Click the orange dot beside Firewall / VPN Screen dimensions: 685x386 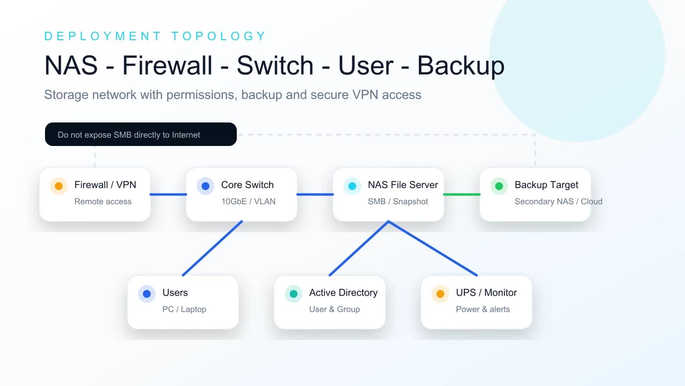click(59, 186)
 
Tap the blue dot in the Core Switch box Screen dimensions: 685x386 click(205, 186)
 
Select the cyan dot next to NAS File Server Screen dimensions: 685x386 click(352, 186)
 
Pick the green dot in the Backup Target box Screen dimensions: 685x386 click(499, 186)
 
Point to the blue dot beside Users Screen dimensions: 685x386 click(147, 293)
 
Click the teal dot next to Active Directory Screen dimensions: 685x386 click(294, 293)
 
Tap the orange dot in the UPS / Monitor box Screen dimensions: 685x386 click(440, 293)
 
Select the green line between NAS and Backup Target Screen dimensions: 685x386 click(462, 194)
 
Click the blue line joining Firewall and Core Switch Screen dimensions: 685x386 click(168, 194)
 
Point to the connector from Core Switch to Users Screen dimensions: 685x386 click(212, 248)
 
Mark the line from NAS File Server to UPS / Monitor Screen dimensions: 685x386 click(433, 248)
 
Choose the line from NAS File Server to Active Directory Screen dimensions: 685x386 click(359, 248)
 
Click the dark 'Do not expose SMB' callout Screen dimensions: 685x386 click(141, 134)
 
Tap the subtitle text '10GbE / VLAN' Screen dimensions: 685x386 click(249, 201)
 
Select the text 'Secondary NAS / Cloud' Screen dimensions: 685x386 click(558, 201)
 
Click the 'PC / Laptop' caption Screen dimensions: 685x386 click(184, 309)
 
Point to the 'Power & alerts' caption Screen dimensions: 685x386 click(483, 309)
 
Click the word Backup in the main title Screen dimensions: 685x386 click(461, 65)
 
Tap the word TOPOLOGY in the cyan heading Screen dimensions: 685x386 click(219, 36)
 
